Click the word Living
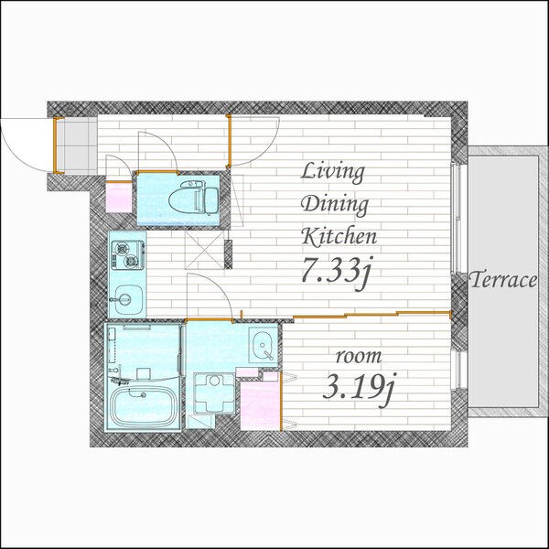(x=333, y=173)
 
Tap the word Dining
(x=335, y=205)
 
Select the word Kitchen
(x=339, y=236)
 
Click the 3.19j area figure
(x=359, y=388)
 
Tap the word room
(x=359, y=357)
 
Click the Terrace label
(x=502, y=280)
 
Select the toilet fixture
(x=193, y=199)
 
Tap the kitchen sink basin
(x=128, y=300)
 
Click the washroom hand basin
(x=263, y=346)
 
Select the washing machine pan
(x=214, y=393)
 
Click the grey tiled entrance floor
(x=76, y=145)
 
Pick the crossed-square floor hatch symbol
(x=204, y=249)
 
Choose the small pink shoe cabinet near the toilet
(x=119, y=198)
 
